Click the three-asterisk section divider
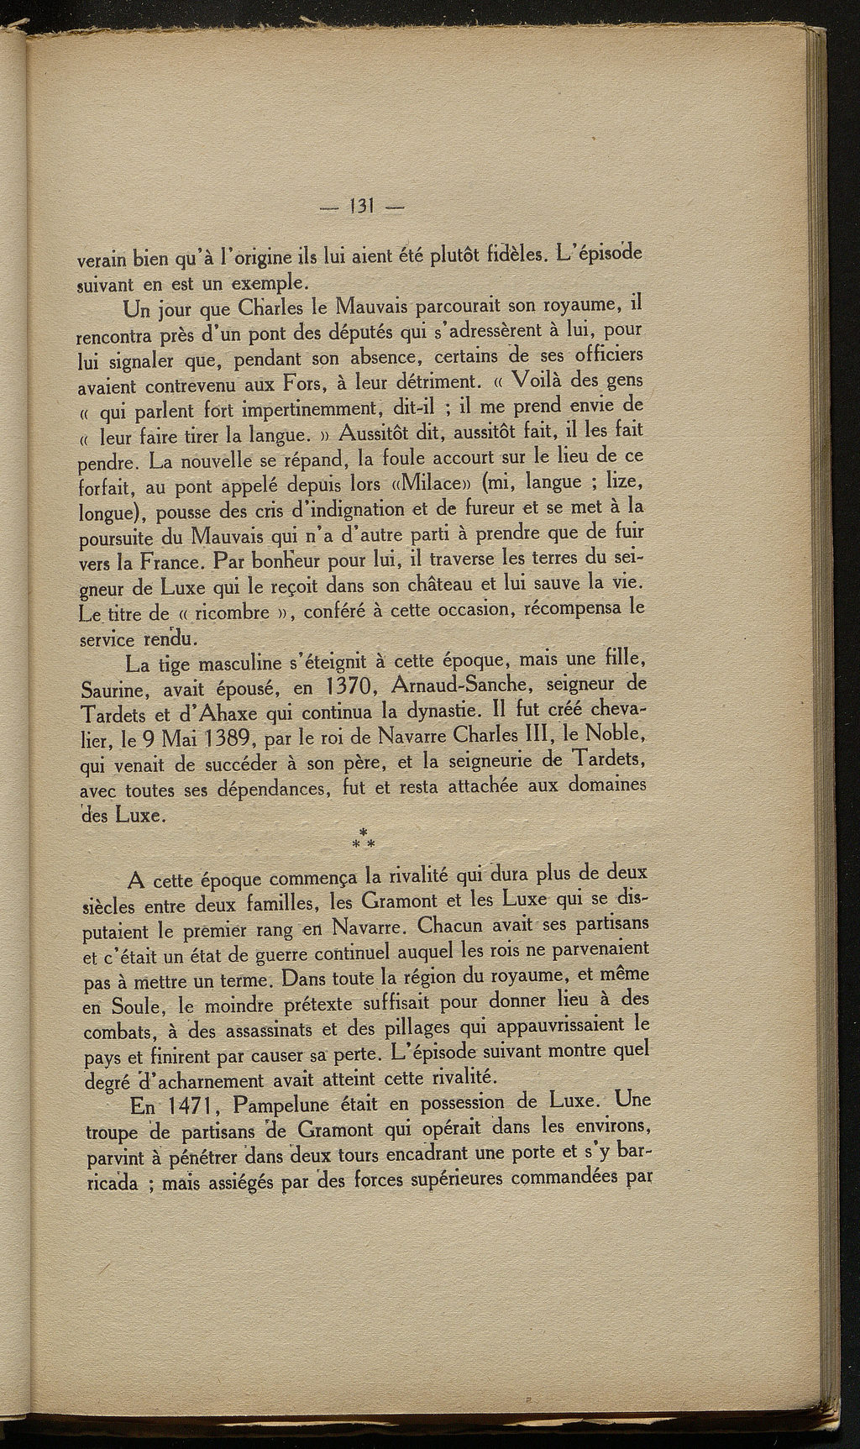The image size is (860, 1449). coord(364,837)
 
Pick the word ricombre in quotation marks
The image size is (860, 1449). coord(233,612)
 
